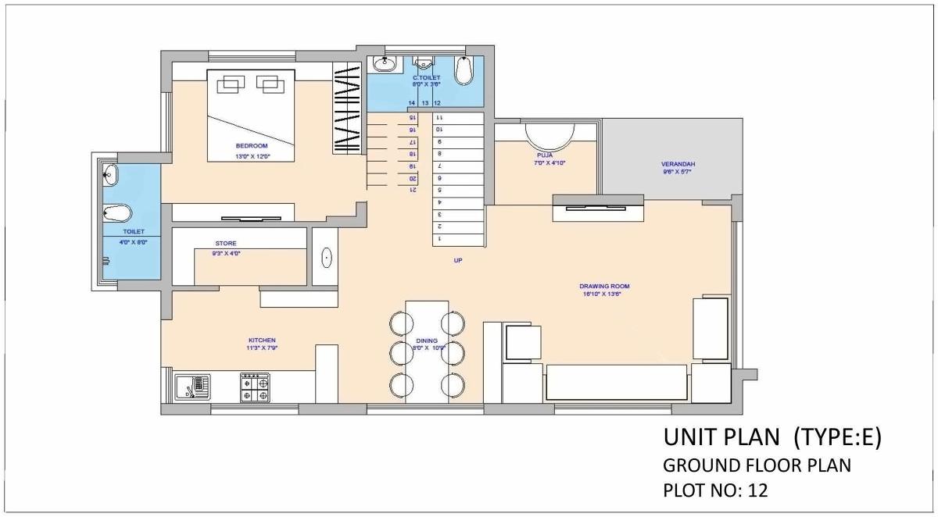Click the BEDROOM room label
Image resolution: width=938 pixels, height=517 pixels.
pyautogui.click(x=252, y=146)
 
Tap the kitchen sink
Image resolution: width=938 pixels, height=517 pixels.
pyautogui.click(x=193, y=387)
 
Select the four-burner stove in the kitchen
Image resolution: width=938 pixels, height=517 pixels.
pyautogui.click(x=255, y=387)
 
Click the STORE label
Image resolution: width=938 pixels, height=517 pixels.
pyautogui.click(x=225, y=244)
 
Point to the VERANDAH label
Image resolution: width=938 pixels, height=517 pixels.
pyautogui.click(x=678, y=164)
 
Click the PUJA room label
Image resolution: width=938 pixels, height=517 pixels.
pyautogui.click(x=544, y=155)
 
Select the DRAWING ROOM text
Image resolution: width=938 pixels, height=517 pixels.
pyautogui.click(x=604, y=286)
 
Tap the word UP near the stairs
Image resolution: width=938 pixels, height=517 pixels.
pyautogui.click(x=457, y=261)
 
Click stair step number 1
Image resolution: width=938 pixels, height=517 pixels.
pyautogui.click(x=439, y=238)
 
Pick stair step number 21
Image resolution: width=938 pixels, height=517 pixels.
pyautogui.click(x=412, y=190)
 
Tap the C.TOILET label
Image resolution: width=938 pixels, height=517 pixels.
pyautogui.click(x=426, y=78)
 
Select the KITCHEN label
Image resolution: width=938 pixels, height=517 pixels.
pyautogui.click(x=262, y=341)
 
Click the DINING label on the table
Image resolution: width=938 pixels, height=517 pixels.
pyautogui.click(x=427, y=341)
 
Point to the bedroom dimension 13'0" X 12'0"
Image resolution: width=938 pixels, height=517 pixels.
pyautogui.click(x=252, y=156)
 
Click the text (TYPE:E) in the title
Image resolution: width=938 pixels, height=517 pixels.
pyautogui.click(x=837, y=437)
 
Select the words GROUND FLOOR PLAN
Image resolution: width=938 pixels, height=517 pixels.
pyautogui.click(x=757, y=465)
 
